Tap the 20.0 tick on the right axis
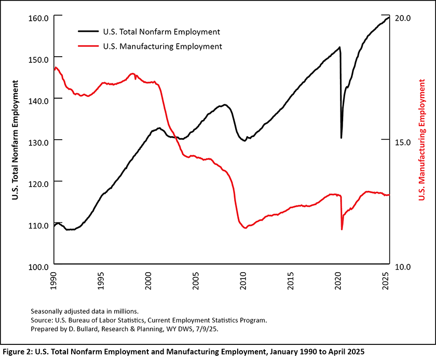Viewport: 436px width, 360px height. pos(402,17)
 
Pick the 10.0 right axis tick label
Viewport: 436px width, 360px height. pos(402,266)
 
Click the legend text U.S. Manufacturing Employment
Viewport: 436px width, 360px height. pos(162,46)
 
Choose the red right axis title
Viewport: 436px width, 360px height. pos(422,140)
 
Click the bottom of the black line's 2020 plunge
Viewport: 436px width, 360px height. pos(341,138)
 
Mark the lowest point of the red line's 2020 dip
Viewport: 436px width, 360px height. pos(342,229)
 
